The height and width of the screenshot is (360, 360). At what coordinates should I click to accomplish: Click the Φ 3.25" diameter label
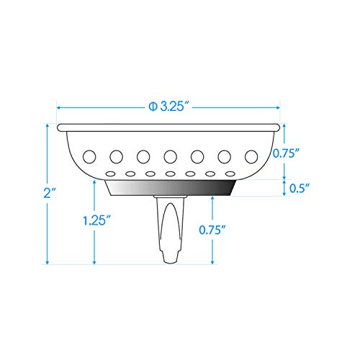[169, 106]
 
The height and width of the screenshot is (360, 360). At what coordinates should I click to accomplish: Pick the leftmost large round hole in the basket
[89, 156]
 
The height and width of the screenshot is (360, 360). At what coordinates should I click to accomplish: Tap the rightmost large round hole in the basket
[251, 156]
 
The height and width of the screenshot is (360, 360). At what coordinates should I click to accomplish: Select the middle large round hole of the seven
[171, 156]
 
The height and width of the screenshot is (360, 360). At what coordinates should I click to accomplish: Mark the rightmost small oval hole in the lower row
[230, 174]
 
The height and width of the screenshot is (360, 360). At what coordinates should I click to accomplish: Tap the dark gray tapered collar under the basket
[171, 188]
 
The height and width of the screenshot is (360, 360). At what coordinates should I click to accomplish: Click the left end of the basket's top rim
[60, 127]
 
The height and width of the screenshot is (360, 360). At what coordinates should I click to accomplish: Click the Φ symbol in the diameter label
[153, 106]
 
